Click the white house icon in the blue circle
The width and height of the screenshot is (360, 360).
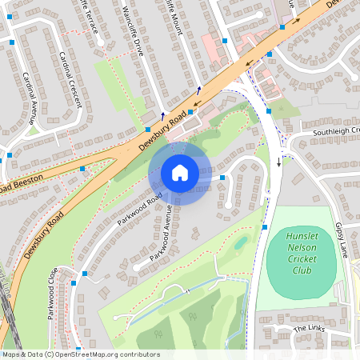(x=180, y=173)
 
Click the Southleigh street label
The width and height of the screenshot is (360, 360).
(x=335, y=130)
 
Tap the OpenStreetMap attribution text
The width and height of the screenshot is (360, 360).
(x=80, y=354)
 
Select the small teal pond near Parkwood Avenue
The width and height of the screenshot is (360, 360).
(x=240, y=242)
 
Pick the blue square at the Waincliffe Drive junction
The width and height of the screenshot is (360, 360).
(x=148, y=129)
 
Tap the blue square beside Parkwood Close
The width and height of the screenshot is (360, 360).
(x=74, y=283)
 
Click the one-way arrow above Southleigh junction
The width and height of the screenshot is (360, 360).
(x=279, y=162)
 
